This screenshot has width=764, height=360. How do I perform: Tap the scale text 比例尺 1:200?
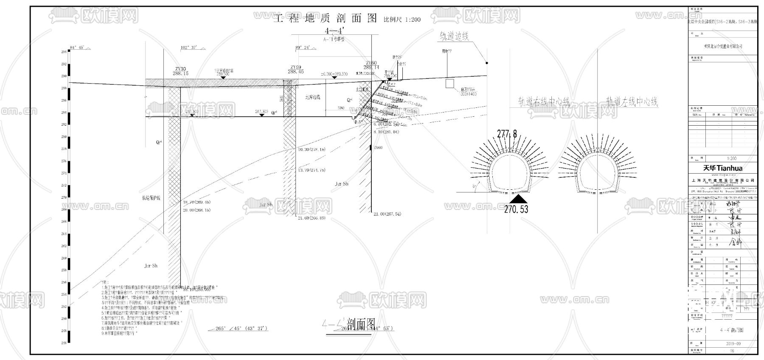point(402,20)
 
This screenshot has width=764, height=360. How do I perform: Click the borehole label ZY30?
point(180,69)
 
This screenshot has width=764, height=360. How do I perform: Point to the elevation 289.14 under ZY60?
point(371,67)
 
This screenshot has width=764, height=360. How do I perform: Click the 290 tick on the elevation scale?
point(64,76)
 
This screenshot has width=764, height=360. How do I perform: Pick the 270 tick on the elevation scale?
point(64,197)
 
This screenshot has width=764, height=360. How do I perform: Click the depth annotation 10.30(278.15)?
point(311,150)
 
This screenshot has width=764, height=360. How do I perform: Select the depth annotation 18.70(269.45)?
point(197,203)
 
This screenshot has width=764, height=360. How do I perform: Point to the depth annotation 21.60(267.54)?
point(387,214)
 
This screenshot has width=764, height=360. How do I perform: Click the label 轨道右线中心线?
point(544,102)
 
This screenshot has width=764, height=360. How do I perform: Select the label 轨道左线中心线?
point(632,102)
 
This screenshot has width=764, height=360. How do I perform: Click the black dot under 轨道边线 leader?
point(487,63)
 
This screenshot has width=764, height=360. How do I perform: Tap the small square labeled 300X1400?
point(449,83)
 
